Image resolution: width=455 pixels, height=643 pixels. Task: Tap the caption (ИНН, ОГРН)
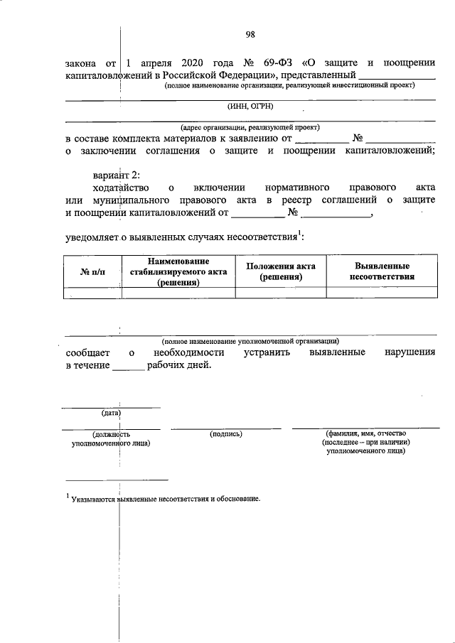[250, 107]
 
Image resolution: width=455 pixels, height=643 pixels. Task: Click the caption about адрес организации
[250, 126]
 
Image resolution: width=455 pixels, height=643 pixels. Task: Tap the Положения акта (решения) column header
[280, 271]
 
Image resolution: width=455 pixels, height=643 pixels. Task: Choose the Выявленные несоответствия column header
[382, 271]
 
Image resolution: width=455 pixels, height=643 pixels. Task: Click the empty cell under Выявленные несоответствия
[382, 292]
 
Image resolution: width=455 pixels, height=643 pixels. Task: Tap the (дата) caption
[110, 413]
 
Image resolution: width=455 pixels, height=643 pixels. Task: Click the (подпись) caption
[227, 433]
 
